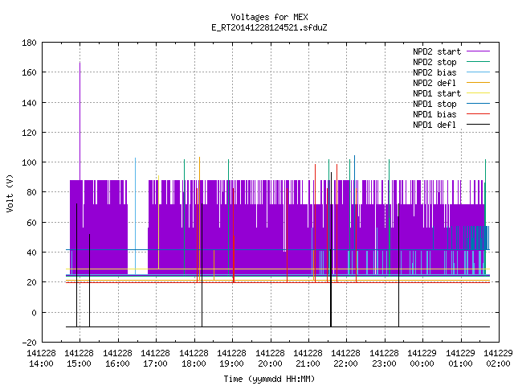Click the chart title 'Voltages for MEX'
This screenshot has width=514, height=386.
coord(269,17)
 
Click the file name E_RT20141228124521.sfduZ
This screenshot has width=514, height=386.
coord(269,27)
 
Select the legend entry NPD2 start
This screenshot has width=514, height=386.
coord(451,51)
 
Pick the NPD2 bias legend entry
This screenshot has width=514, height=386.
coord(451,72)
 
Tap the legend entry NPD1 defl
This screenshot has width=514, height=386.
coord(451,125)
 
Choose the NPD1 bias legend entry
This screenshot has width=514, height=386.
coord(451,114)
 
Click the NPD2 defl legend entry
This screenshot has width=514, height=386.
coord(451,83)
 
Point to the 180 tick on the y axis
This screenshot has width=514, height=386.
coord(29,43)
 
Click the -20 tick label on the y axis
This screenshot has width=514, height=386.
coord(29,343)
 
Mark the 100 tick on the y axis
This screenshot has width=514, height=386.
coord(29,162)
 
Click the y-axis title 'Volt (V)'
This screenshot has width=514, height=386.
coord(10,193)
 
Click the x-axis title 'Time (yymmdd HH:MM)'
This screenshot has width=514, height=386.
coord(269,379)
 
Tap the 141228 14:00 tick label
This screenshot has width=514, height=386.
coord(41,359)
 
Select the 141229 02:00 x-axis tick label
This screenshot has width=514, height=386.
coord(498,359)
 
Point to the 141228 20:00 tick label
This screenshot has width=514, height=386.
coord(270,359)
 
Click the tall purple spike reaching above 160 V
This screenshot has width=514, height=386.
coord(80,121)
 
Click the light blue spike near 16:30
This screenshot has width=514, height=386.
coord(136,216)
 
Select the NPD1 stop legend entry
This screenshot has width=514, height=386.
coord(451,104)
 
